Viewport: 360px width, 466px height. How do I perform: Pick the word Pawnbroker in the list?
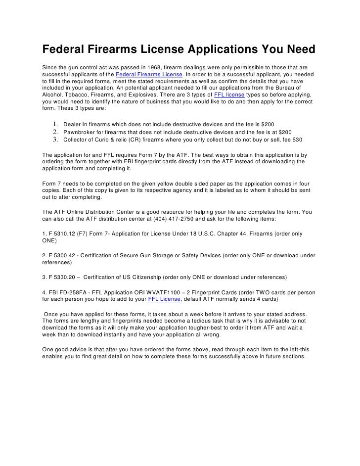click(79, 133)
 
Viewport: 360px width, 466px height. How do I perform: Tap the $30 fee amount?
click(296, 140)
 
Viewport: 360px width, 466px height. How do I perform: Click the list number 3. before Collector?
click(55, 140)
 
